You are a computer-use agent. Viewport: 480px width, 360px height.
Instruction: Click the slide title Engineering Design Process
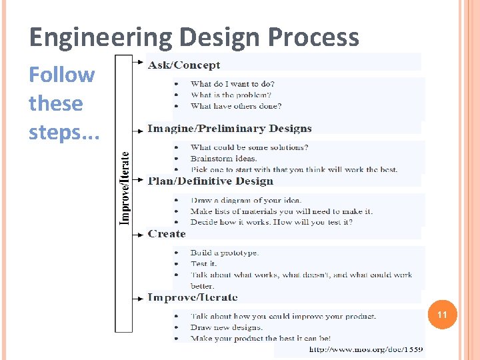(194, 37)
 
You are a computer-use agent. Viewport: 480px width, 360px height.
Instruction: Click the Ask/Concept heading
(184, 65)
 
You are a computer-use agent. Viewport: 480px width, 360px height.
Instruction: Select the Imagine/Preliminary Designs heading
(229, 128)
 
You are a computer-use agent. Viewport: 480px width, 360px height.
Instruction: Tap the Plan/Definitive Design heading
(211, 181)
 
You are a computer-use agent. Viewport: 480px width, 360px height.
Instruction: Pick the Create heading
(167, 233)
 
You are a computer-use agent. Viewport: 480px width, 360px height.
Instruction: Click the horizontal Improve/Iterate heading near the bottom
(192, 297)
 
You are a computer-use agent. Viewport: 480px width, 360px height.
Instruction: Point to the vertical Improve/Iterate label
(125, 189)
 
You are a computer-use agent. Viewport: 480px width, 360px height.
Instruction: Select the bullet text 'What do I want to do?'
(232, 84)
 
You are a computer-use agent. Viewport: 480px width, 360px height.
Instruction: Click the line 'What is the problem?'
(231, 95)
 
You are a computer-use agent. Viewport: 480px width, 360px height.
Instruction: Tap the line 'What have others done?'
(236, 106)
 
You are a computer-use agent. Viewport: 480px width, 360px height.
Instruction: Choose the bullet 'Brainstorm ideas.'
(223, 158)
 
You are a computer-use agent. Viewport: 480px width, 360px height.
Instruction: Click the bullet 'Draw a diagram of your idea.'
(246, 200)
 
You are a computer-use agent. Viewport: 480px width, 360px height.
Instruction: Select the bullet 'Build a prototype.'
(225, 253)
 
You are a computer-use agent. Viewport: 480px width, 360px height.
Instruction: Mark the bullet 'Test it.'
(203, 263)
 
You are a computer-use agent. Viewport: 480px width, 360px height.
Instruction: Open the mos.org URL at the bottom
(366, 349)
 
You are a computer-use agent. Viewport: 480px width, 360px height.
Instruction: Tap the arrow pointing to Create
(138, 234)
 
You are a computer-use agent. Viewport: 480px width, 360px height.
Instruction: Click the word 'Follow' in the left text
(61, 75)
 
